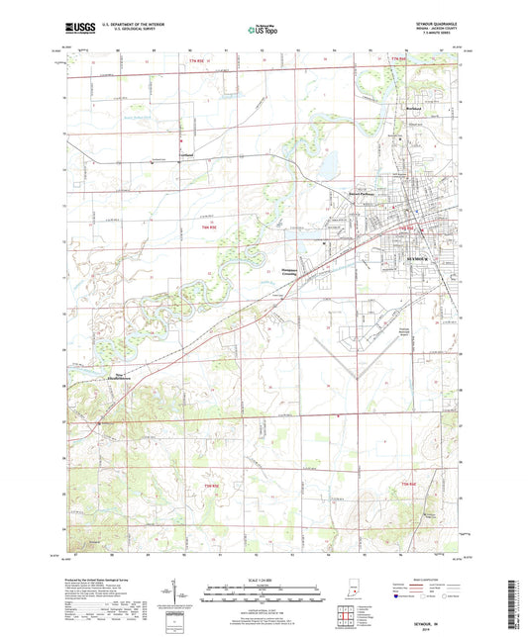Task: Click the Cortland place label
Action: pyautogui.click(x=187, y=155)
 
